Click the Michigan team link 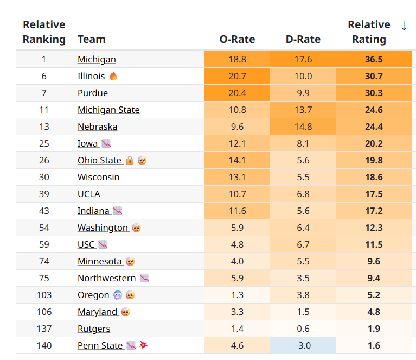[x=97, y=59]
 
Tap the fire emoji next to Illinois [x=113, y=76]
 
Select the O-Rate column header [x=237, y=39]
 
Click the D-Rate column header [x=303, y=39]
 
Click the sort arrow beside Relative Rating [x=404, y=26]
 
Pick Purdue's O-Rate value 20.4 [x=237, y=93]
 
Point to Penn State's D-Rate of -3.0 [x=303, y=345]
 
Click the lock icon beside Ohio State [x=130, y=160]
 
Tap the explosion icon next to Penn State [x=143, y=345]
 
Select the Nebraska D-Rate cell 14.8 [x=303, y=127]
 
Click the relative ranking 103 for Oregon [x=44, y=295]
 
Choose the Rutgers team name [x=94, y=329]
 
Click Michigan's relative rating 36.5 [x=374, y=59]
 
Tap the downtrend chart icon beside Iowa [x=106, y=143]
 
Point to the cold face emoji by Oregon [x=118, y=295]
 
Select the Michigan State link [x=108, y=110]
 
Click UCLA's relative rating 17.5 [x=374, y=194]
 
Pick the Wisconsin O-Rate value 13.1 [x=237, y=177]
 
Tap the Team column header [x=92, y=39]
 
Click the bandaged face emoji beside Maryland [x=125, y=312]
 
